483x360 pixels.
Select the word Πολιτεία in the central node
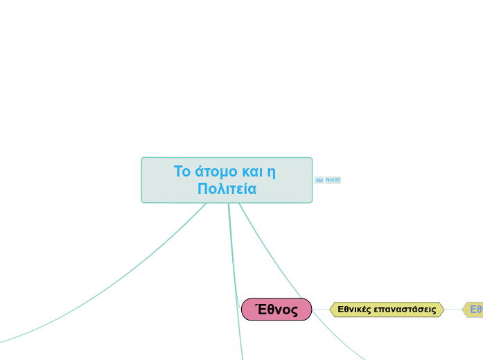pyautogui.click(x=227, y=188)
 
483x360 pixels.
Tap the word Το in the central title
pyautogui.click(x=182, y=171)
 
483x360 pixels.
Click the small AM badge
pyautogui.click(x=319, y=180)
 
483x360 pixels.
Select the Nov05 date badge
pyautogui.click(x=333, y=180)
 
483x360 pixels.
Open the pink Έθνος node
pyautogui.click(x=276, y=309)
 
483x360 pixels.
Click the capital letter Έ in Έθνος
pyautogui.click(x=261, y=309)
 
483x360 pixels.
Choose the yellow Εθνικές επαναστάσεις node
pyautogui.click(x=387, y=309)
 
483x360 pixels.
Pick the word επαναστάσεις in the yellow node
pyautogui.click(x=405, y=309)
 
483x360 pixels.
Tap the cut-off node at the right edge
pyautogui.click(x=474, y=309)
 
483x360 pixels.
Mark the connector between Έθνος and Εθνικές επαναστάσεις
pyautogui.click(x=321, y=309)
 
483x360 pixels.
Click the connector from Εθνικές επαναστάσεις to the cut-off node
pyautogui.click(x=453, y=309)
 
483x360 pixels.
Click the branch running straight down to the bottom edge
pyautogui.click(x=236, y=291)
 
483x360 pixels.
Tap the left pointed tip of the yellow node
pyautogui.click(x=331, y=309)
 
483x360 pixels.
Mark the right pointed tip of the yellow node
pyautogui.click(x=443, y=309)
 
